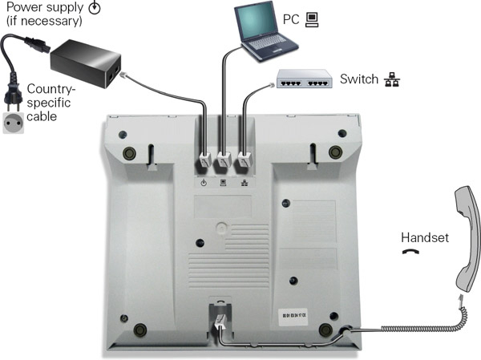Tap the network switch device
click(304, 81)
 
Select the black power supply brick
click(87, 61)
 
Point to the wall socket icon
click(14, 125)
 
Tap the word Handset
click(424, 237)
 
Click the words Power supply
click(40, 7)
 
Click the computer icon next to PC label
click(312, 16)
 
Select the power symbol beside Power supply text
click(94, 8)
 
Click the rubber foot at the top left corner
click(128, 153)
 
